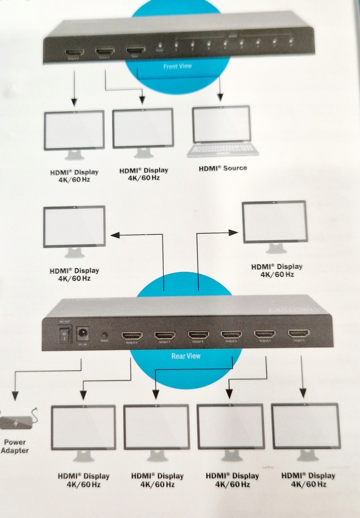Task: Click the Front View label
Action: pos(177,66)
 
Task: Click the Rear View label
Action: pos(186,356)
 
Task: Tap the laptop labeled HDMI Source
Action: pos(222,131)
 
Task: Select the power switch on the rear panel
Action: pos(64,334)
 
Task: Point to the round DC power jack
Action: pos(82,333)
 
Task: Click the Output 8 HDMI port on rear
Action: pos(132,335)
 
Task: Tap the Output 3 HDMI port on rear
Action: pos(298,333)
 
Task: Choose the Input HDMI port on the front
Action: pos(136,51)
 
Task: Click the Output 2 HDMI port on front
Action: pos(74,52)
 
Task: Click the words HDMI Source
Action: pos(222,168)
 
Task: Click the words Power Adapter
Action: pos(15,446)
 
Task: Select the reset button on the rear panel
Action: pos(105,334)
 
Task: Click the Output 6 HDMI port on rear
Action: pos(198,334)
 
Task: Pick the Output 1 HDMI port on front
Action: pos(105,51)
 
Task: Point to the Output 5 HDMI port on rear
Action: pos(231,334)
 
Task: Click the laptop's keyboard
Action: pos(222,149)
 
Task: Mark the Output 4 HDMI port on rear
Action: pos(264,334)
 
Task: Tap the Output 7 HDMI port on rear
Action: pos(165,335)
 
